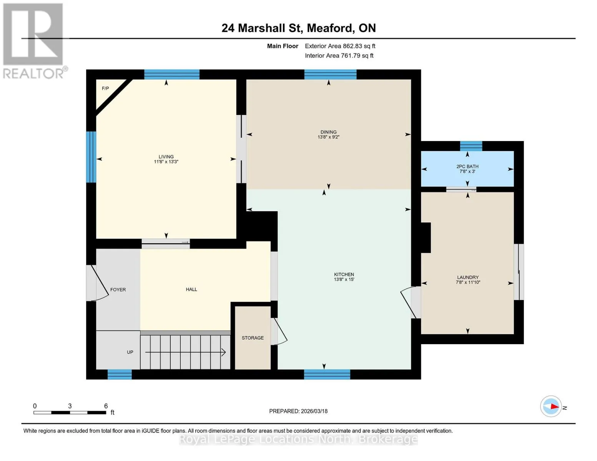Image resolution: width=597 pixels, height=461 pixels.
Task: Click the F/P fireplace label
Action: (x=105, y=88)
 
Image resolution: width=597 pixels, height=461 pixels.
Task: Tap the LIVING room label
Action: (x=166, y=157)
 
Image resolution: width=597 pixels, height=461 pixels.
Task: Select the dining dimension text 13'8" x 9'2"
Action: (x=328, y=137)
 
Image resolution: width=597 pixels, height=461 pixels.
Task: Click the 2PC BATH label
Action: (x=467, y=166)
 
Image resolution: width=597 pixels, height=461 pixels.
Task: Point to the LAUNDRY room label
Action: (x=467, y=277)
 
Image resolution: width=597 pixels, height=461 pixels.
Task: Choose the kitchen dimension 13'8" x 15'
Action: (x=344, y=280)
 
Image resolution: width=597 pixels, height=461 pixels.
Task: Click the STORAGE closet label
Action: (x=253, y=338)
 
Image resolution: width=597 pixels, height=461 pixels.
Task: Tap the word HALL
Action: (x=191, y=289)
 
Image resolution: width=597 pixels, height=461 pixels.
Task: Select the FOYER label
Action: (x=118, y=290)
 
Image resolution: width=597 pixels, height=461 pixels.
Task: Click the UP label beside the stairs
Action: (x=130, y=352)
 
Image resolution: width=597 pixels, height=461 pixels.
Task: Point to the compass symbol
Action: (x=551, y=406)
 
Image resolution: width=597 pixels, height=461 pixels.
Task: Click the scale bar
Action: (x=70, y=412)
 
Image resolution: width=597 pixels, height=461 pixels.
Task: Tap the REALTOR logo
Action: (x=34, y=41)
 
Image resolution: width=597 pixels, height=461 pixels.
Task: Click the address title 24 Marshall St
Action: (x=261, y=28)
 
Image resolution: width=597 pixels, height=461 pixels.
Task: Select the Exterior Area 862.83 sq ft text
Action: (x=340, y=46)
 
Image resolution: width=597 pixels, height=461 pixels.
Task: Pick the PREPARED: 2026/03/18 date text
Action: (x=298, y=411)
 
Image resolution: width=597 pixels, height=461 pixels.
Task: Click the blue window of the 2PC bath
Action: (x=471, y=146)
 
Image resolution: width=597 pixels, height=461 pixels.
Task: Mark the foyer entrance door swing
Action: (x=99, y=283)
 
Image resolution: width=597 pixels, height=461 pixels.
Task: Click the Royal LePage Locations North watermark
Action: (x=298, y=439)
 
